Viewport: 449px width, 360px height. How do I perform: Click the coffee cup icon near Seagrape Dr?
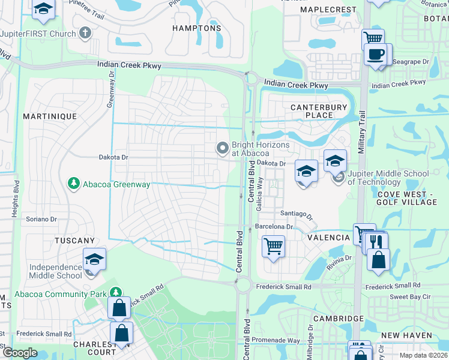click(x=376, y=55)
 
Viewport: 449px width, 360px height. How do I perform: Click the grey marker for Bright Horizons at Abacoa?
click(x=223, y=148)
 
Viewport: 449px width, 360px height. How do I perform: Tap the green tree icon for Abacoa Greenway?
click(x=74, y=183)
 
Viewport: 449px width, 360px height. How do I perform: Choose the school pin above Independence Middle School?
click(x=94, y=259)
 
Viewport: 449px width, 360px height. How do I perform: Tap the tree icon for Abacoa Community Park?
click(x=114, y=293)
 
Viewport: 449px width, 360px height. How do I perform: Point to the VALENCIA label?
click(x=328, y=238)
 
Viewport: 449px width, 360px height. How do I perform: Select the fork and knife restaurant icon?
click(x=377, y=241)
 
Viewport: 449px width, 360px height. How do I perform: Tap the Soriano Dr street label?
click(x=41, y=220)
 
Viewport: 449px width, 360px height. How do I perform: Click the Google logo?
click(x=20, y=353)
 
